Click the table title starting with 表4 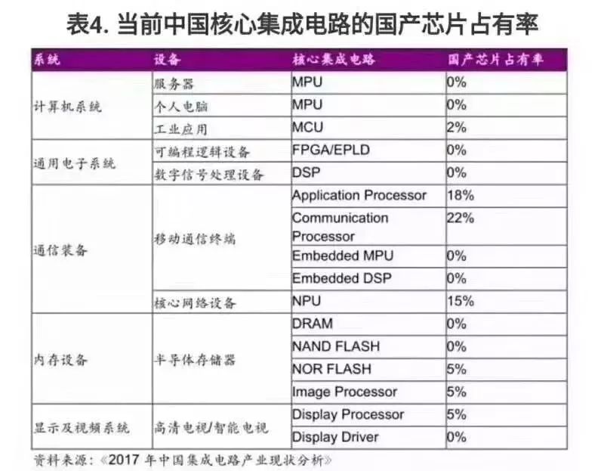coord(302,25)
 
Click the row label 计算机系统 coord(67,106)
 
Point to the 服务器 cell coord(174,83)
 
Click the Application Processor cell coord(359,196)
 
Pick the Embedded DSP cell coord(342,278)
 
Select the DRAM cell coord(312,324)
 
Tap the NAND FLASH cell coord(336,346)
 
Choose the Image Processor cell coord(344,392)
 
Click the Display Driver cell coord(335,437)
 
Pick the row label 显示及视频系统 coord(82,426)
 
